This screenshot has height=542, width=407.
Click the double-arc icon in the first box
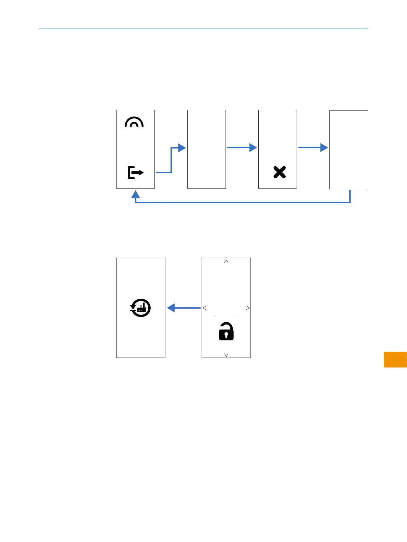pos(134,122)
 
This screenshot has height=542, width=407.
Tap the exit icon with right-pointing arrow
pos(135,172)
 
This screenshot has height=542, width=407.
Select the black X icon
pos(280,172)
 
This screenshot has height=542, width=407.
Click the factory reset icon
pos(140,308)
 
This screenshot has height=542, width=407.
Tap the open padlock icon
pos(226,331)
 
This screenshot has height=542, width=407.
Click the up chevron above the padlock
pos(226,261)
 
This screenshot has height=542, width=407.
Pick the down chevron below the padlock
pos(226,355)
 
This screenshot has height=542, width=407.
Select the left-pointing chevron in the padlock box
pos(204,308)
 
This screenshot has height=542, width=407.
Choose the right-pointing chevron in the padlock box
pos(248,308)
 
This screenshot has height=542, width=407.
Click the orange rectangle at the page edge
pos(395,359)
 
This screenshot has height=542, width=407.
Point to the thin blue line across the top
pos(203,28)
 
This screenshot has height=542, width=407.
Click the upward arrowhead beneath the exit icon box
pos(136,194)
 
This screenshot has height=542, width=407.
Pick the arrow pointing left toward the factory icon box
pos(184,308)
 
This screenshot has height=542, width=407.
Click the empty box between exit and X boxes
pos(206,149)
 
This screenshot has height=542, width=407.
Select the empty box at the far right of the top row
pos(349,150)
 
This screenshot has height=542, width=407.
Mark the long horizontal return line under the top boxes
pos(243,203)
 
